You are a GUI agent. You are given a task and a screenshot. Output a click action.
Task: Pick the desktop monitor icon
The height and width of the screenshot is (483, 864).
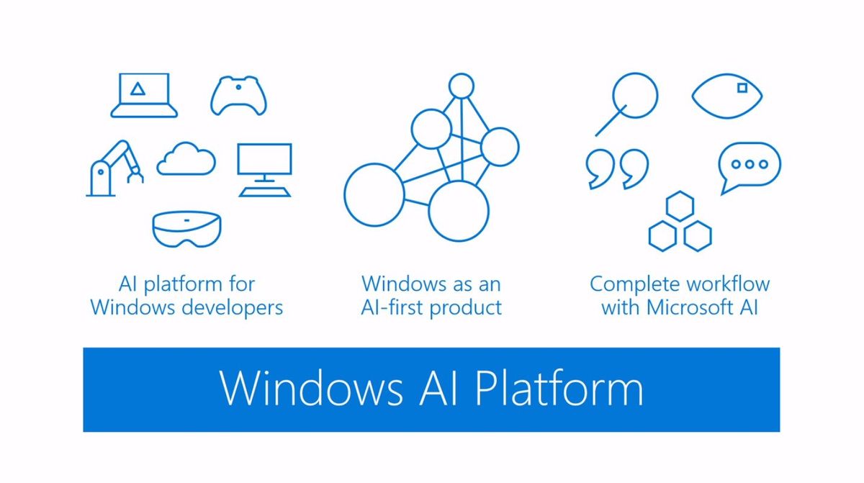265,145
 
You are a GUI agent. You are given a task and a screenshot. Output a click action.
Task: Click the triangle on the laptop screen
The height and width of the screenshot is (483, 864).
138,89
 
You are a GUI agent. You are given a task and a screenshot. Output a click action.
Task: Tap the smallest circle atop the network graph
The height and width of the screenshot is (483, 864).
462,74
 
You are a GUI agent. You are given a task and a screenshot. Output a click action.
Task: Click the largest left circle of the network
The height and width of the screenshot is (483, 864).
344,194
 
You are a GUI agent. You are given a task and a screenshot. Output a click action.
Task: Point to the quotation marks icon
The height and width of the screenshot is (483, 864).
617,169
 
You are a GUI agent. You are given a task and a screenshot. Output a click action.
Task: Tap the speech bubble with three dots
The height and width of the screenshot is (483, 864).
750,144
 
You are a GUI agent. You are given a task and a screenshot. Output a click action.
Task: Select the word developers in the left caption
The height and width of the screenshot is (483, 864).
232,307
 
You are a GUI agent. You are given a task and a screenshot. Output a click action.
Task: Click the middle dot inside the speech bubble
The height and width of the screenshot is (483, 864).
750,165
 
